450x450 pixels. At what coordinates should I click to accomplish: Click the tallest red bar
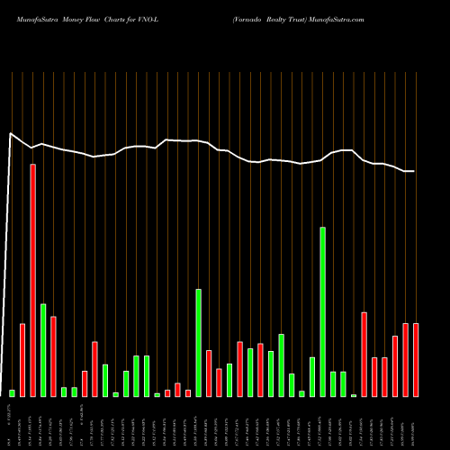pos(32,280)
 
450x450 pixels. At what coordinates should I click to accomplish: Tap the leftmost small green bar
pos(12,392)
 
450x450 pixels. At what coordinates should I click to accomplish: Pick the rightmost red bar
pos(416,359)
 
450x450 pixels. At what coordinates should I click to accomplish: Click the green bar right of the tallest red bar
pos(42,350)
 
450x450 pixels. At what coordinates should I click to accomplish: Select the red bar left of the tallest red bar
pos(22,359)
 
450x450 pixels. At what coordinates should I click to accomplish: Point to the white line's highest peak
pos(11,134)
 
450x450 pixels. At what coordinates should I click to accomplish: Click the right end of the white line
pos(415,171)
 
